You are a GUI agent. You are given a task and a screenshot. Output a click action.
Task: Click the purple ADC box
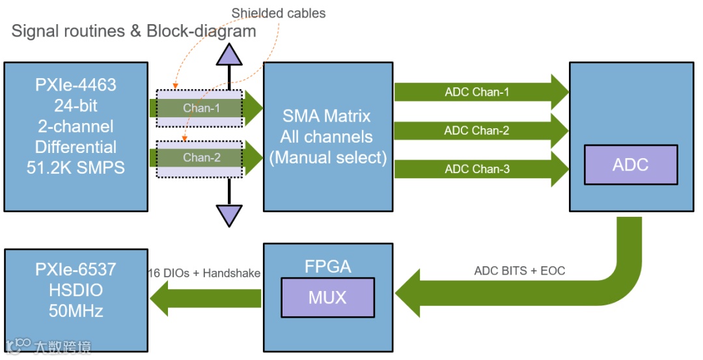[630, 164]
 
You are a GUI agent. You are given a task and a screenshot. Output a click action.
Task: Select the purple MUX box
[327, 298]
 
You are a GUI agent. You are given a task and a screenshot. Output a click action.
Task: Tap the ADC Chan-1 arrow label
[476, 92]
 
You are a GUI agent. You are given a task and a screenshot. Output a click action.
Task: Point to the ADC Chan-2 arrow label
[476, 131]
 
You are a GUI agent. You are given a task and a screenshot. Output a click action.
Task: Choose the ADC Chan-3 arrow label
[476, 169]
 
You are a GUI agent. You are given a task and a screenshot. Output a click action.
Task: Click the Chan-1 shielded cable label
[201, 108]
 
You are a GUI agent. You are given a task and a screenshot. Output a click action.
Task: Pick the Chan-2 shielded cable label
[201, 158]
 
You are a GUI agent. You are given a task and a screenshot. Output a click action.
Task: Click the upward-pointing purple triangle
[229, 55]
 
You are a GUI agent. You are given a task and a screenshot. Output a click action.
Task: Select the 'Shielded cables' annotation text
[279, 13]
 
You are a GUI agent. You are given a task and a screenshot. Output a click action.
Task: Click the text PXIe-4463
[76, 85]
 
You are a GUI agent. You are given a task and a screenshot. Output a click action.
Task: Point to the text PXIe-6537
[76, 269]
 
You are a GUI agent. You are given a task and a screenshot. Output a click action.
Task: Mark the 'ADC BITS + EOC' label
[519, 271]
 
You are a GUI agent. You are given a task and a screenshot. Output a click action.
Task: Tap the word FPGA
[327, 266]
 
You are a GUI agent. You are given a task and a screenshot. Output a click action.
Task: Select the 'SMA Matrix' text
[327, 117]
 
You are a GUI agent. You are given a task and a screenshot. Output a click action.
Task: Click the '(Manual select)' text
[327, 158]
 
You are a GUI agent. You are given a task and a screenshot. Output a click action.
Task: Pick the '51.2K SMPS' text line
[76, 167]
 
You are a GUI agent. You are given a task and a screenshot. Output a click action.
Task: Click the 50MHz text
[76, 311]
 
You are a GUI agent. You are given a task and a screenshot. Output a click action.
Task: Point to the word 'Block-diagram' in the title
[201, 31]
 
